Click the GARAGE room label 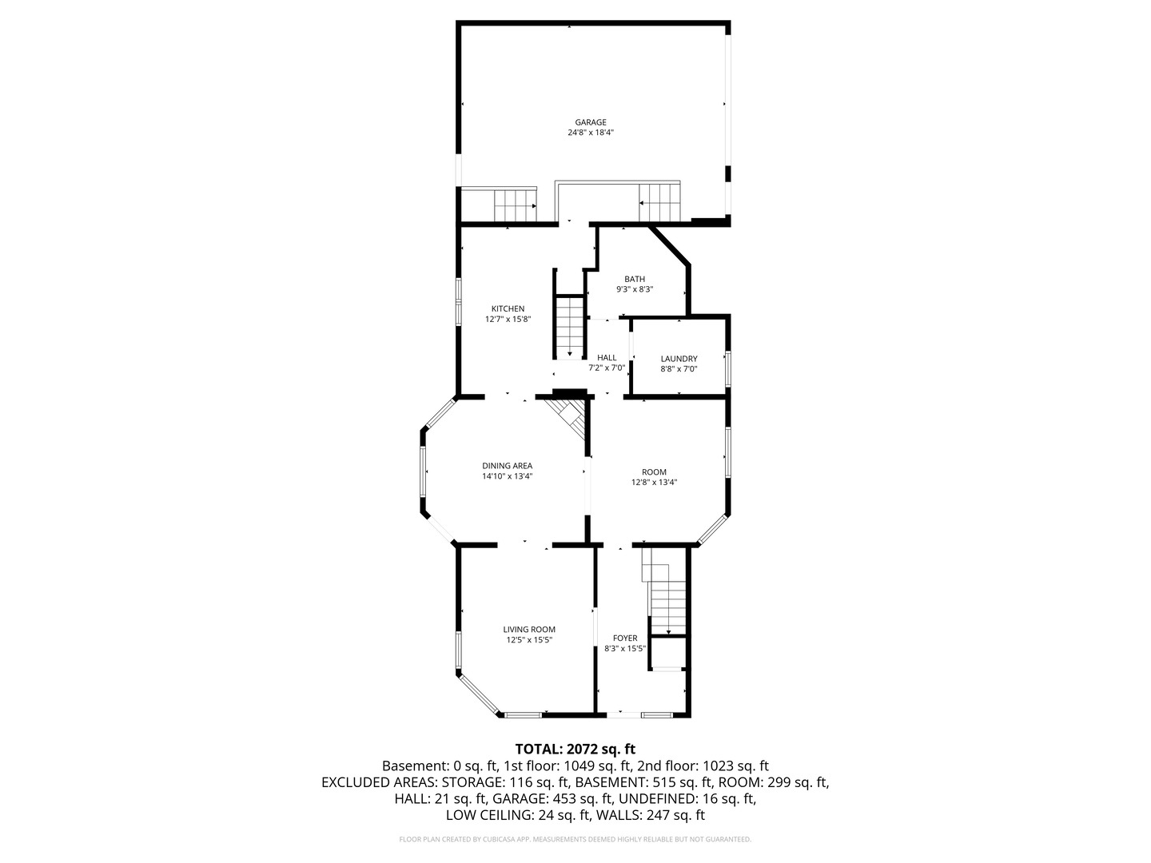(x=591, y=122)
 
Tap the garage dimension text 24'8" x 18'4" (x=591, y=133)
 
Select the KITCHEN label (x=508, y=308)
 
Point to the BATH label (x=635, y=280)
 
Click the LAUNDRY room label (x=679, y=359)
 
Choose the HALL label (x=607, y=358)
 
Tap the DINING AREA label (x=507, y=466)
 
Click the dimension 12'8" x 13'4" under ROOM (x=654, y=482)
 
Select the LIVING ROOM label (x=529, y=630)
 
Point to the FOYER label (x=625, y=638)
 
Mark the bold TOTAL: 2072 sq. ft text (x=575, y=750)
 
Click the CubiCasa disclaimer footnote (x=575, y=839)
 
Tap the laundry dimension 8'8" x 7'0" (x=679, y=369)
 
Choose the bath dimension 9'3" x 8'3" (x=635, y=289)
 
